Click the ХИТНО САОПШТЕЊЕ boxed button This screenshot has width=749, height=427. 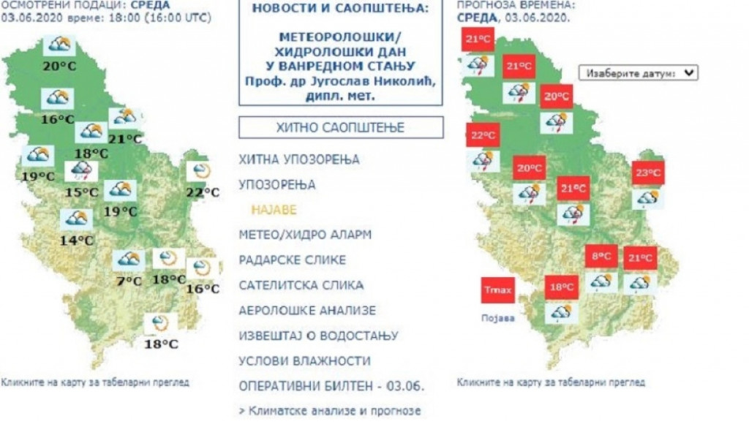[340, 128]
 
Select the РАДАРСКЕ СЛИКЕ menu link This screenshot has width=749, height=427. [293, 260]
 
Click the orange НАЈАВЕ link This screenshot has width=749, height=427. [274, 210]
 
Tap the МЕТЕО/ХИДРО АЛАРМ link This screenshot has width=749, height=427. [305, 235]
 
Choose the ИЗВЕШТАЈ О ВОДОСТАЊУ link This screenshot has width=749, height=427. [318, 336]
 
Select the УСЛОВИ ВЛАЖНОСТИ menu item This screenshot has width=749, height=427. [304, 361]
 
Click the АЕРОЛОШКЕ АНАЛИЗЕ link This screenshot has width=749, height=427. [307, 311]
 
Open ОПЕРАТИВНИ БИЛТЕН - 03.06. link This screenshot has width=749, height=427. [331, 386]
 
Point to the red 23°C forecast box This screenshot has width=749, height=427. [648, 173]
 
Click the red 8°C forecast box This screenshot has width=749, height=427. [601, 257]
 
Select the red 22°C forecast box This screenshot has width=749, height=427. [483, 135]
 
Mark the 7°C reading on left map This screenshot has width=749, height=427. [129, 281]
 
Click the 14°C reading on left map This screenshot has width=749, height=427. [77, 240]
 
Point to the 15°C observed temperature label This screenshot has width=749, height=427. [81, 192]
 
